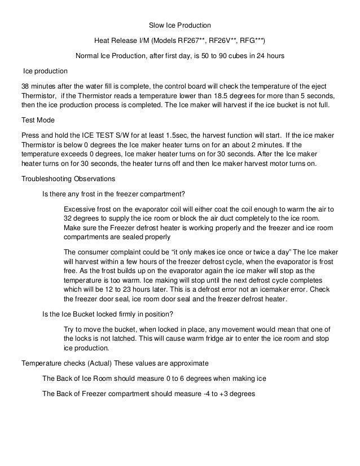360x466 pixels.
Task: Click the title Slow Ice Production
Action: coord(179,25)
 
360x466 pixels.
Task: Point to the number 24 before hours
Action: coord(252,57)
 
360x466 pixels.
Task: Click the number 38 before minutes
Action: coord(25,87)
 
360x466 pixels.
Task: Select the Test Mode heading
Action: coord(37,120)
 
